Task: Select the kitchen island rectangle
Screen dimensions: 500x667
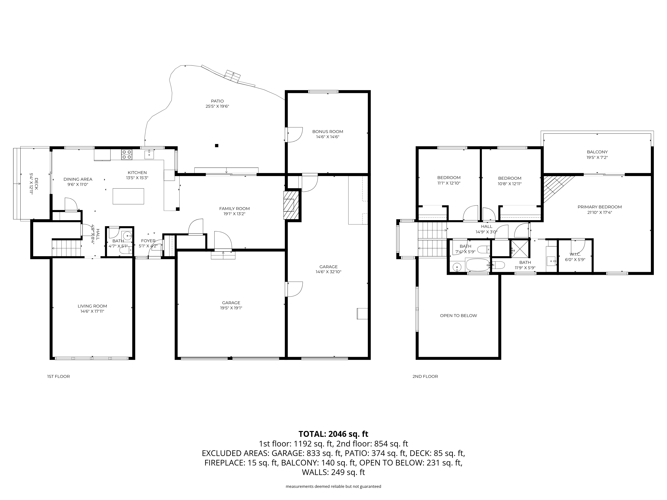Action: click(x=128, y=196)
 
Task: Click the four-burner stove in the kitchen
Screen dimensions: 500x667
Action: click(x=126, y=155)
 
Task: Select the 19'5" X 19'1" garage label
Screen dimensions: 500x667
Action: click(x=231, y=308)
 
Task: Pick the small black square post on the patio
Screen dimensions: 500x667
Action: click(x=216, y=145)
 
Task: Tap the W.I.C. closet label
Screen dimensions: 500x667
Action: click(x=575, y=254)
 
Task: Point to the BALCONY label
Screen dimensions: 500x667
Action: click(x=597, y=152)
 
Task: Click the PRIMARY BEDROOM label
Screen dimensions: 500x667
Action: click(x=599, y=207)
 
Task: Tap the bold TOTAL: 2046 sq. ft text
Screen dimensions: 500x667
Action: click(x=333, y=434)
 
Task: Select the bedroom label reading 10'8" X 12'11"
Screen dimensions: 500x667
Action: click(x=510, y=183)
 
